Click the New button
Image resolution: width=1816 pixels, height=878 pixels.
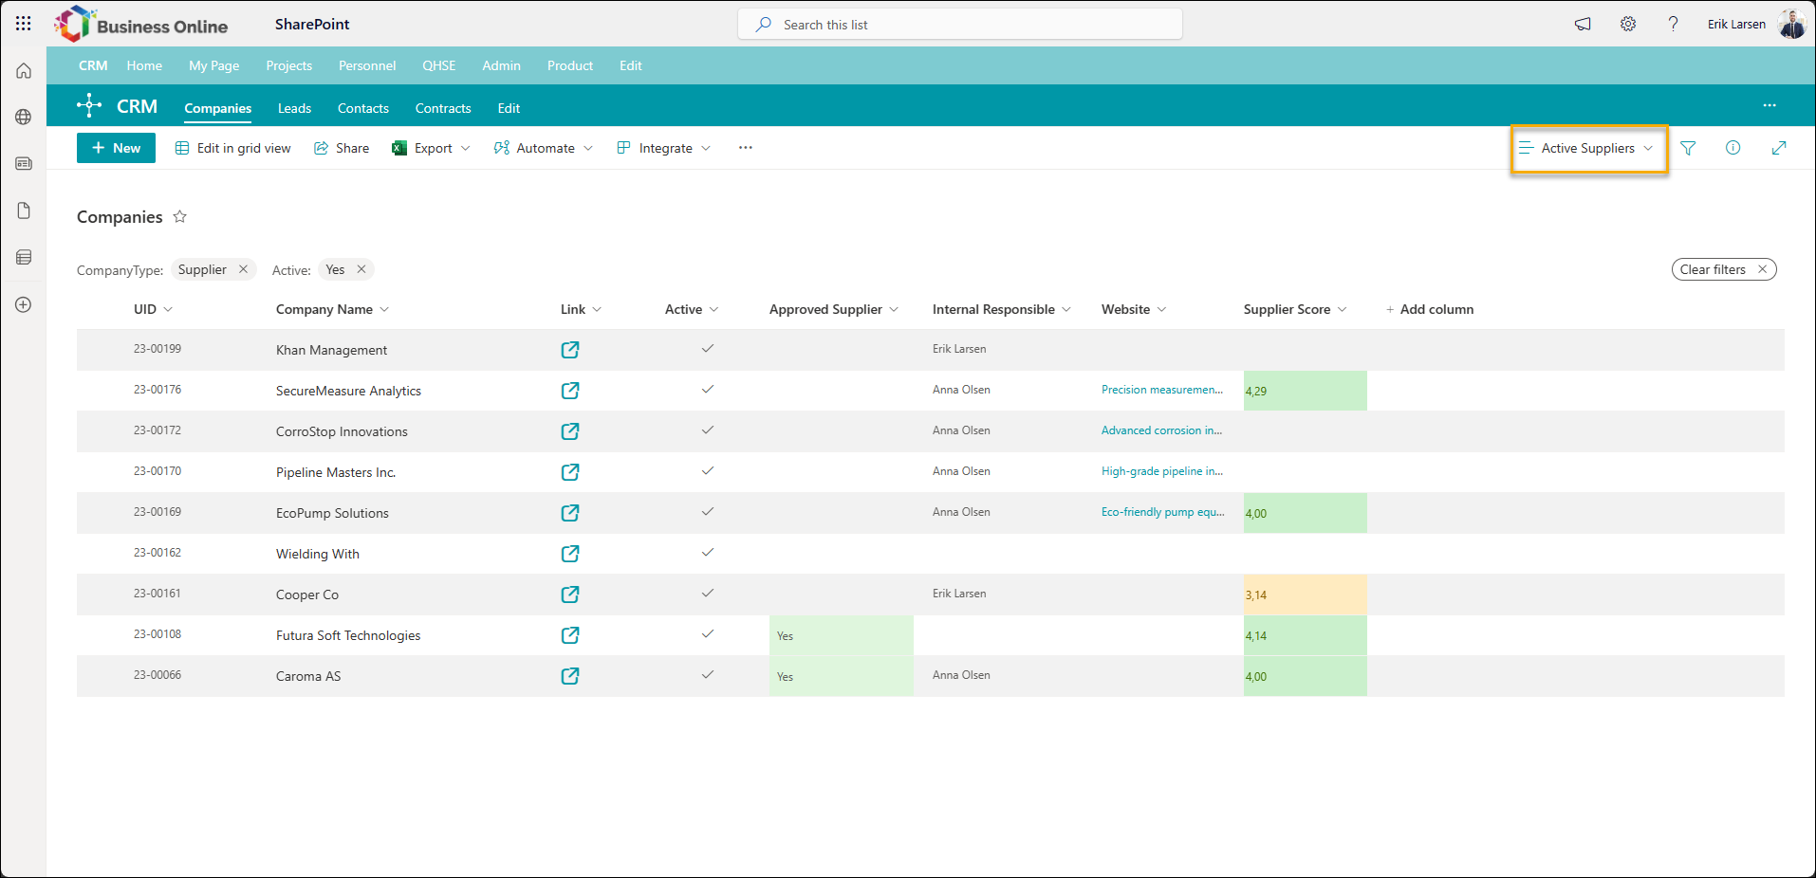[x=116, y=148]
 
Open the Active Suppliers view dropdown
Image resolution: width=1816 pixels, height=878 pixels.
[x=1588, y=148]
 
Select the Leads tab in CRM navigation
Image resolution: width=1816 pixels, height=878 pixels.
[x=294, y=108]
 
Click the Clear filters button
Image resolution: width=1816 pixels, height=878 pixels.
[x=1723, y=269]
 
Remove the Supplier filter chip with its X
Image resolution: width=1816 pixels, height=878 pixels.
[x=243, y=269]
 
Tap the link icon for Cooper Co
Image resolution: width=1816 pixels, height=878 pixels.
[x=570, y=594]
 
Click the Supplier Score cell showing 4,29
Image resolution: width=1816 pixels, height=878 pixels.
[x=1305, y=391]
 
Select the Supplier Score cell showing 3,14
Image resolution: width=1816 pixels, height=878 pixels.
[x=1305, y=594]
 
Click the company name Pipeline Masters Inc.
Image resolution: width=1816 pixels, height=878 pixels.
[x=336, y=472]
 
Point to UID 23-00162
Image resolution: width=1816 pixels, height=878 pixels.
[x=158, y=553]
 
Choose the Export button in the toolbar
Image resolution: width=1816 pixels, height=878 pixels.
[x=431, y=148]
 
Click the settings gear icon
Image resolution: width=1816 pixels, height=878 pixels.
[x=1628, y=25]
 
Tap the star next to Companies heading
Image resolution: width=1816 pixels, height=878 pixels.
[x=180, y=217]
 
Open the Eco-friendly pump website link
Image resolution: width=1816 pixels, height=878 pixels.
[x=1162, y=512]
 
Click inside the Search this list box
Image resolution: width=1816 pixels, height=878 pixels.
[x=960, y=25]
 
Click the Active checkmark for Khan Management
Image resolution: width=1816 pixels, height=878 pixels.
[x=707, y=349]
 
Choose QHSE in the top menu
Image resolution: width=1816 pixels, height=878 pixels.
[x=439, y=65]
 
